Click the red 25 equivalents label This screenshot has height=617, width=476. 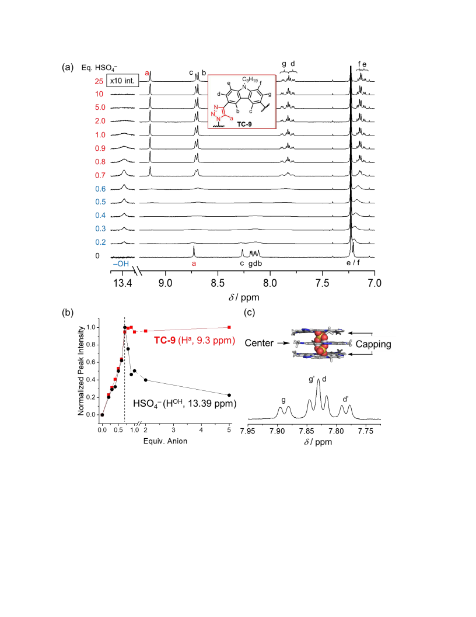(x=99, y=81)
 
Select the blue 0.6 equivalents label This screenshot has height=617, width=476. (x=100, y=189)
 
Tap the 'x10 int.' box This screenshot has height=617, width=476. (x=123, y=81)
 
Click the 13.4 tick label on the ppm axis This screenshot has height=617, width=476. (x=123, y=283)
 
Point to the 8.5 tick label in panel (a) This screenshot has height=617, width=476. (x=218, y=283)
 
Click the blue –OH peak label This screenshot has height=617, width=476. (x=121, y=264)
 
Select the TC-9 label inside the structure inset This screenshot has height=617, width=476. (x=244, y=124)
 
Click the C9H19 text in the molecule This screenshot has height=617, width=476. (x=250, y=80)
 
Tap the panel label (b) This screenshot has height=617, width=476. (x=68, y=313)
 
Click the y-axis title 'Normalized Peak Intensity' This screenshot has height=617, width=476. (x=81, y=370)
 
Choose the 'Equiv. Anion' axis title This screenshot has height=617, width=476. (x=165, y=441)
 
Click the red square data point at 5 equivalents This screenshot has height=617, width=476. (x=229, y=327)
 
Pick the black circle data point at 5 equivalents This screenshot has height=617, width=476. (x=229, y=395)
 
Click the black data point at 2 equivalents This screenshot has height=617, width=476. (x=146, y=380)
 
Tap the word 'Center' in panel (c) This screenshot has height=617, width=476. (x=259, y=343)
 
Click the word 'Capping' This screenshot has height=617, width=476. (x=373, y=344)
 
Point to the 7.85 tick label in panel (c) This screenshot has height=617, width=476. (x=306, y=431)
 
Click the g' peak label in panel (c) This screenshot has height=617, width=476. (x=312, y=379)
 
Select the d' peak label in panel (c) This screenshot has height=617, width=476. (x=345, y=400)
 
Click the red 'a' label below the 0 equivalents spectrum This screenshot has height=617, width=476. (x=194, y=264)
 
